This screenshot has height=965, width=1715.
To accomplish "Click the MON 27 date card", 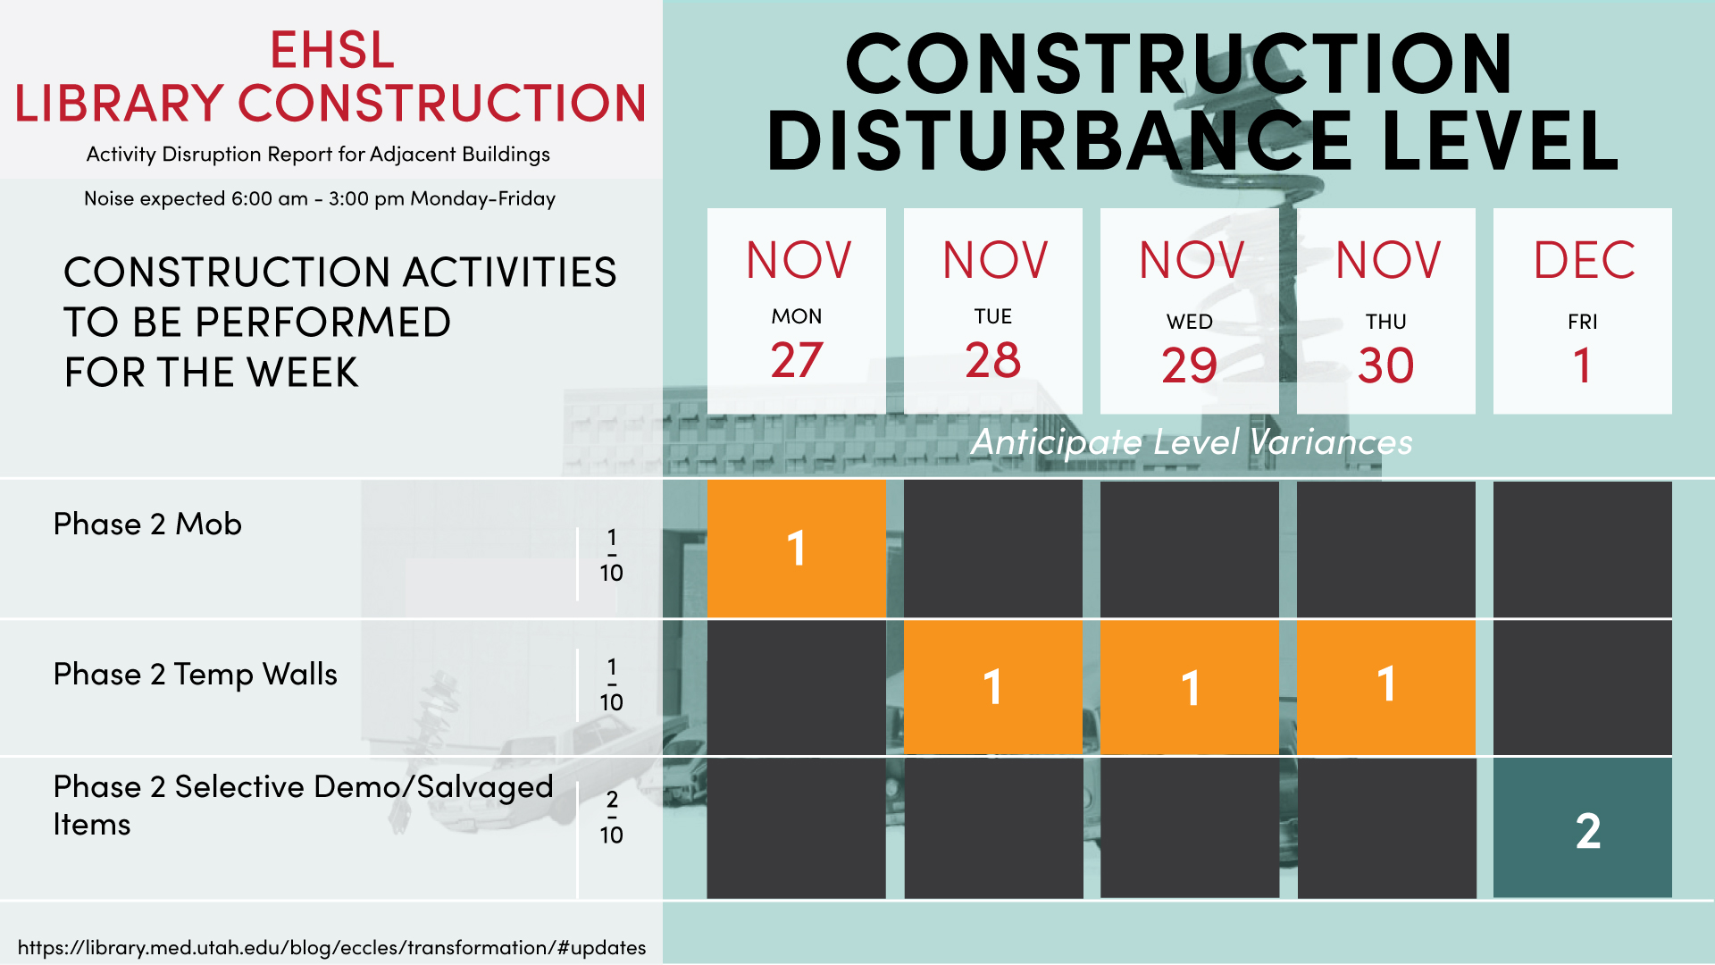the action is (x=796, y=311).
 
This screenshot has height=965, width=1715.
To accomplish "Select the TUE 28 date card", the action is (x=992, y=311).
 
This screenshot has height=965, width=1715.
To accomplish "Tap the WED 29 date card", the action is (x=1189, y=311).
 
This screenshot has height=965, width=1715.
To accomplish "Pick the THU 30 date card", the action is (x=1385, y=311).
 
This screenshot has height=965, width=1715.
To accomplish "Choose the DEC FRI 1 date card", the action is (x=1582, y=311).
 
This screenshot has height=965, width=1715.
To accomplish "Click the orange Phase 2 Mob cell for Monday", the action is (x=796, y=549).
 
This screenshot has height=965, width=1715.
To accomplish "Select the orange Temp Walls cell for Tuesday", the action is (x=992, y=687).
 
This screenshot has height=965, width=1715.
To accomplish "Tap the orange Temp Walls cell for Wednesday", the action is (x=1189, y=687).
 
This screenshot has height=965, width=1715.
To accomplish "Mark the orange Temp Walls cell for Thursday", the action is (x=1385, y=687).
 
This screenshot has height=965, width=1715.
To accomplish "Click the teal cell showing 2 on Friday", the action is (x=1582, y=827).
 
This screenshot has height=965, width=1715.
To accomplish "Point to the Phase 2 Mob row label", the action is (x=147, y=524).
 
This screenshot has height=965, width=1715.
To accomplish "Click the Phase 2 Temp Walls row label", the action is (x=196, y=675).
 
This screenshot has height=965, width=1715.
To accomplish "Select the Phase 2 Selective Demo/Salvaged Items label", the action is (x=304, y=805).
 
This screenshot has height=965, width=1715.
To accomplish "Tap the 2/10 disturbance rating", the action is (x=612, y=817).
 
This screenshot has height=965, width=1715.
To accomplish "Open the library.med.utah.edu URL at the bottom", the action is (x=331, y=947).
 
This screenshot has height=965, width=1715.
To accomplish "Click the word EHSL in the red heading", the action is (x=332, y=50).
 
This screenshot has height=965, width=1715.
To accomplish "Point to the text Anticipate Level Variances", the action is (x=1192, y=442).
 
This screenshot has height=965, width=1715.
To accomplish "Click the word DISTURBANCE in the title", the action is (x=1058, y=140).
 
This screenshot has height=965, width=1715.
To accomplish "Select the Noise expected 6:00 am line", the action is (x=320, y=198).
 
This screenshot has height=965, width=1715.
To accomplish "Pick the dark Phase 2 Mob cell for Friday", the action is (x=1582, y=549).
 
